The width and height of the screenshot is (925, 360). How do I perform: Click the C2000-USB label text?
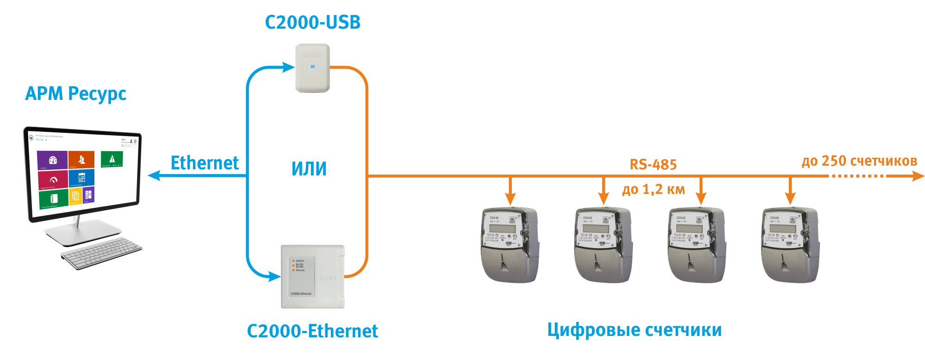[x=313, y=22]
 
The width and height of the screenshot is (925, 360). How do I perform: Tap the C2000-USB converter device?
[x=313, y=68]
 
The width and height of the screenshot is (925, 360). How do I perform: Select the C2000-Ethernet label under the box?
[x=312, y=331]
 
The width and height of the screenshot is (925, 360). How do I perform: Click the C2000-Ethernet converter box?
[x=313, y=276]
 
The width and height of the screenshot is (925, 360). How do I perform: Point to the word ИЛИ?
[x=309, y=169]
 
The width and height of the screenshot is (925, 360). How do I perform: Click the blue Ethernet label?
[x=205, y=163]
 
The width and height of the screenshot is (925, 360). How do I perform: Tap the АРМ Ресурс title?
[x=76, y=93]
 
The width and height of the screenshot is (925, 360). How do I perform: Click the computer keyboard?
[x=101, y=253]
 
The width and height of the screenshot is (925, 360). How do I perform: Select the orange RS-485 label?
[x=653, y=164]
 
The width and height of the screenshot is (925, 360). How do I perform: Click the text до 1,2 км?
[x=653, y=189]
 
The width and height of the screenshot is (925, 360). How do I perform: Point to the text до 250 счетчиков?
[x=859, y=161]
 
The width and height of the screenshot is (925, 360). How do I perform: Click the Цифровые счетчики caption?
[x=634, y=330]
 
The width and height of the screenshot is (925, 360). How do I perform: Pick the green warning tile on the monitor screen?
[x=112, y=159]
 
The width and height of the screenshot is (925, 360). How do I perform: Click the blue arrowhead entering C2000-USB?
[x=289, y=68]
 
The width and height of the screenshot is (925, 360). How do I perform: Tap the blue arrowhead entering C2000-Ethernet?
[x=275, y=277]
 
